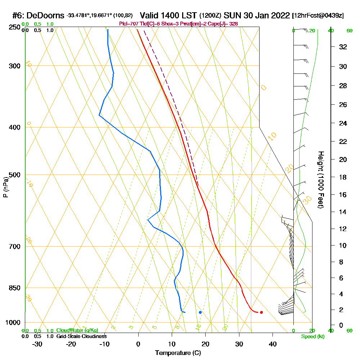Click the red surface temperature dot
coord(261,312)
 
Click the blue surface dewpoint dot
coord(200,312)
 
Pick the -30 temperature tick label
coord(37,344)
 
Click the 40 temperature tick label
coord(273,344)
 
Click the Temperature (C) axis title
coord(178,353)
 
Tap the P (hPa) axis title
coord(5,187)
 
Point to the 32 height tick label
coord(343,47)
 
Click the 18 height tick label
coord(343,177)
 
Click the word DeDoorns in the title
coord(45,15)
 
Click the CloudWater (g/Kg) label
coord(77,330)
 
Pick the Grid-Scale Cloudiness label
coord(81,336)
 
